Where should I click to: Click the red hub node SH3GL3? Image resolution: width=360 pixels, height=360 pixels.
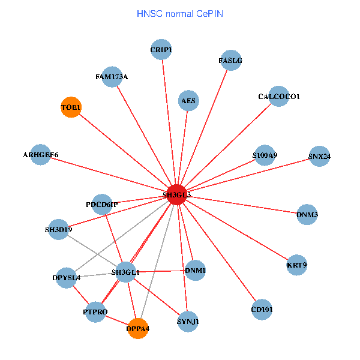click(176, 194)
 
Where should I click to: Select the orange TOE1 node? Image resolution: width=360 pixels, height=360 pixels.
click(71, 107)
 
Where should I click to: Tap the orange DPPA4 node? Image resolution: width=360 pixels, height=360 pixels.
click(138, 328)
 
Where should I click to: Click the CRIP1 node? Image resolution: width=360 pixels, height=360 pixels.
click(161, 50)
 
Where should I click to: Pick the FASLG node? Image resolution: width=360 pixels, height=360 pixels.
click(230, 61)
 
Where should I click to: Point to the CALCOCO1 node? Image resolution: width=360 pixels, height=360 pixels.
click(279, 96)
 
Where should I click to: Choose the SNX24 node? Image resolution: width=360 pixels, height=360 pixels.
click(319, 157)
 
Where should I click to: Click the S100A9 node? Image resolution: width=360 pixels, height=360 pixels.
click(265, 155)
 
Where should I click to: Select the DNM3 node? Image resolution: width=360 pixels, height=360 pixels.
click(307, 214)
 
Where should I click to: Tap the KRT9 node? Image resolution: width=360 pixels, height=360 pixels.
click(296, 265)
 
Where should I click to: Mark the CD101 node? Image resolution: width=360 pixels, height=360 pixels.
click(262, 310)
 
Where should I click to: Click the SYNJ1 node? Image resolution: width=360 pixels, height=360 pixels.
click(188, 322)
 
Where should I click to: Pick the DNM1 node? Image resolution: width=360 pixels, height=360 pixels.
click(196, 271)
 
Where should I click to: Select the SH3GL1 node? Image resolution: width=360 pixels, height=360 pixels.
click(126, 272)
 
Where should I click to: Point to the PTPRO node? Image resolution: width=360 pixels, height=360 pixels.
click(95, 312)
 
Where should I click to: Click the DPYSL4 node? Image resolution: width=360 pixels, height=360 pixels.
click(66, 277)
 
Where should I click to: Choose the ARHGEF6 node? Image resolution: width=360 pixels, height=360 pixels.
click(40, 155)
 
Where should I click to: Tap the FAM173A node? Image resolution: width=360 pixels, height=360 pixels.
click(112, 77)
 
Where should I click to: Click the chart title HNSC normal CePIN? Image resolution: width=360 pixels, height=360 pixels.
click(180, 13)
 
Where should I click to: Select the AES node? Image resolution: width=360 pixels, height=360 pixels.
click(188, 101)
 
